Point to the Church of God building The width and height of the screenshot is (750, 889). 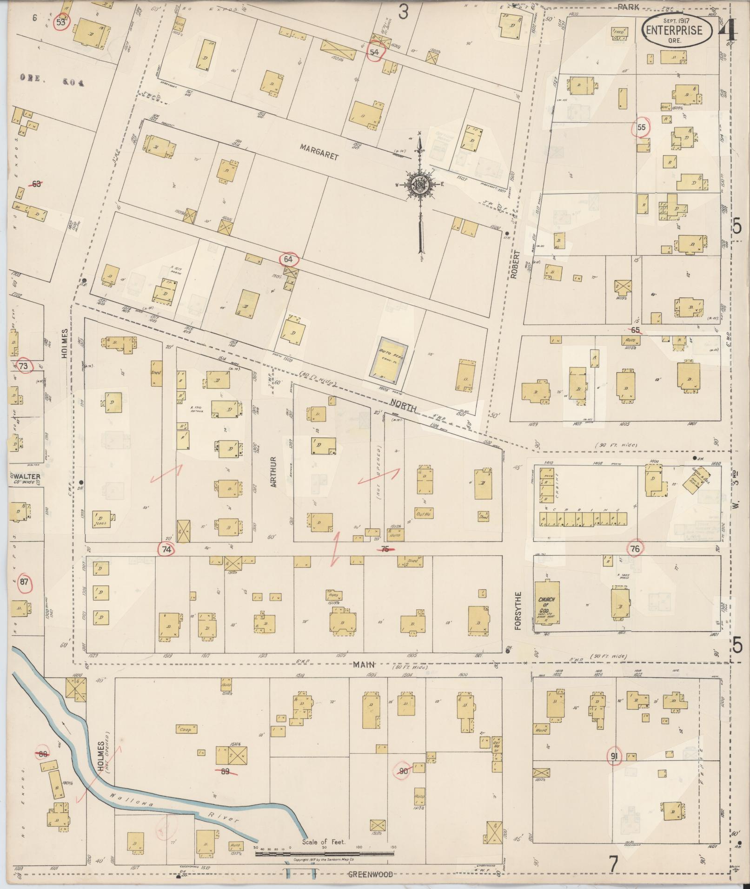click(x=546, y=603)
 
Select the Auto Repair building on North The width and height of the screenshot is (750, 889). click(x=389, y=359)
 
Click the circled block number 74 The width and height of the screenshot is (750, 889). click(x=167, y=549)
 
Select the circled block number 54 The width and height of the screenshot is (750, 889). click(x=375, y=52)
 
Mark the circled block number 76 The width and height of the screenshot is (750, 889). click(x=635, y=549)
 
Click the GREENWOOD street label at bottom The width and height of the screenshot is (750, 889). click(x=371, y=874)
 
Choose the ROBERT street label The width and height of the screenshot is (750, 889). click(x=514, y=267)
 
